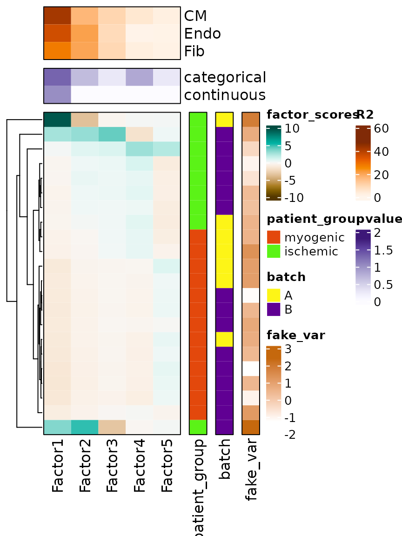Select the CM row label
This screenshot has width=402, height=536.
click(196, 16)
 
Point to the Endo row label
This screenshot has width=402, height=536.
click(202, 33)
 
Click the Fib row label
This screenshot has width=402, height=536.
click(194, 51)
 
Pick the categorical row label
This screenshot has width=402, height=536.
click(225, 77)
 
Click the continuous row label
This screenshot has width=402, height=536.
click(225, 95)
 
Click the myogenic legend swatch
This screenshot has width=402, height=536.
click(274, 237)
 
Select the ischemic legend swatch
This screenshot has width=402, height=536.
click(274, 251)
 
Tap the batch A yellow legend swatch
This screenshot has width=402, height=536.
click(274, 295)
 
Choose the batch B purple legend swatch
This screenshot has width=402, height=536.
click(274, 309)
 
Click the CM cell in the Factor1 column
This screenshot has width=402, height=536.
click(57, 16)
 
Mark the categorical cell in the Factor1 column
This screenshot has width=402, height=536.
click(57, 77)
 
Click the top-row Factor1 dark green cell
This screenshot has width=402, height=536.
click(57, 120)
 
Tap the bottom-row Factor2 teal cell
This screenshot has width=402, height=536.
click(85, 427)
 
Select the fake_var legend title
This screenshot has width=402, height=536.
click(296, 335)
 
